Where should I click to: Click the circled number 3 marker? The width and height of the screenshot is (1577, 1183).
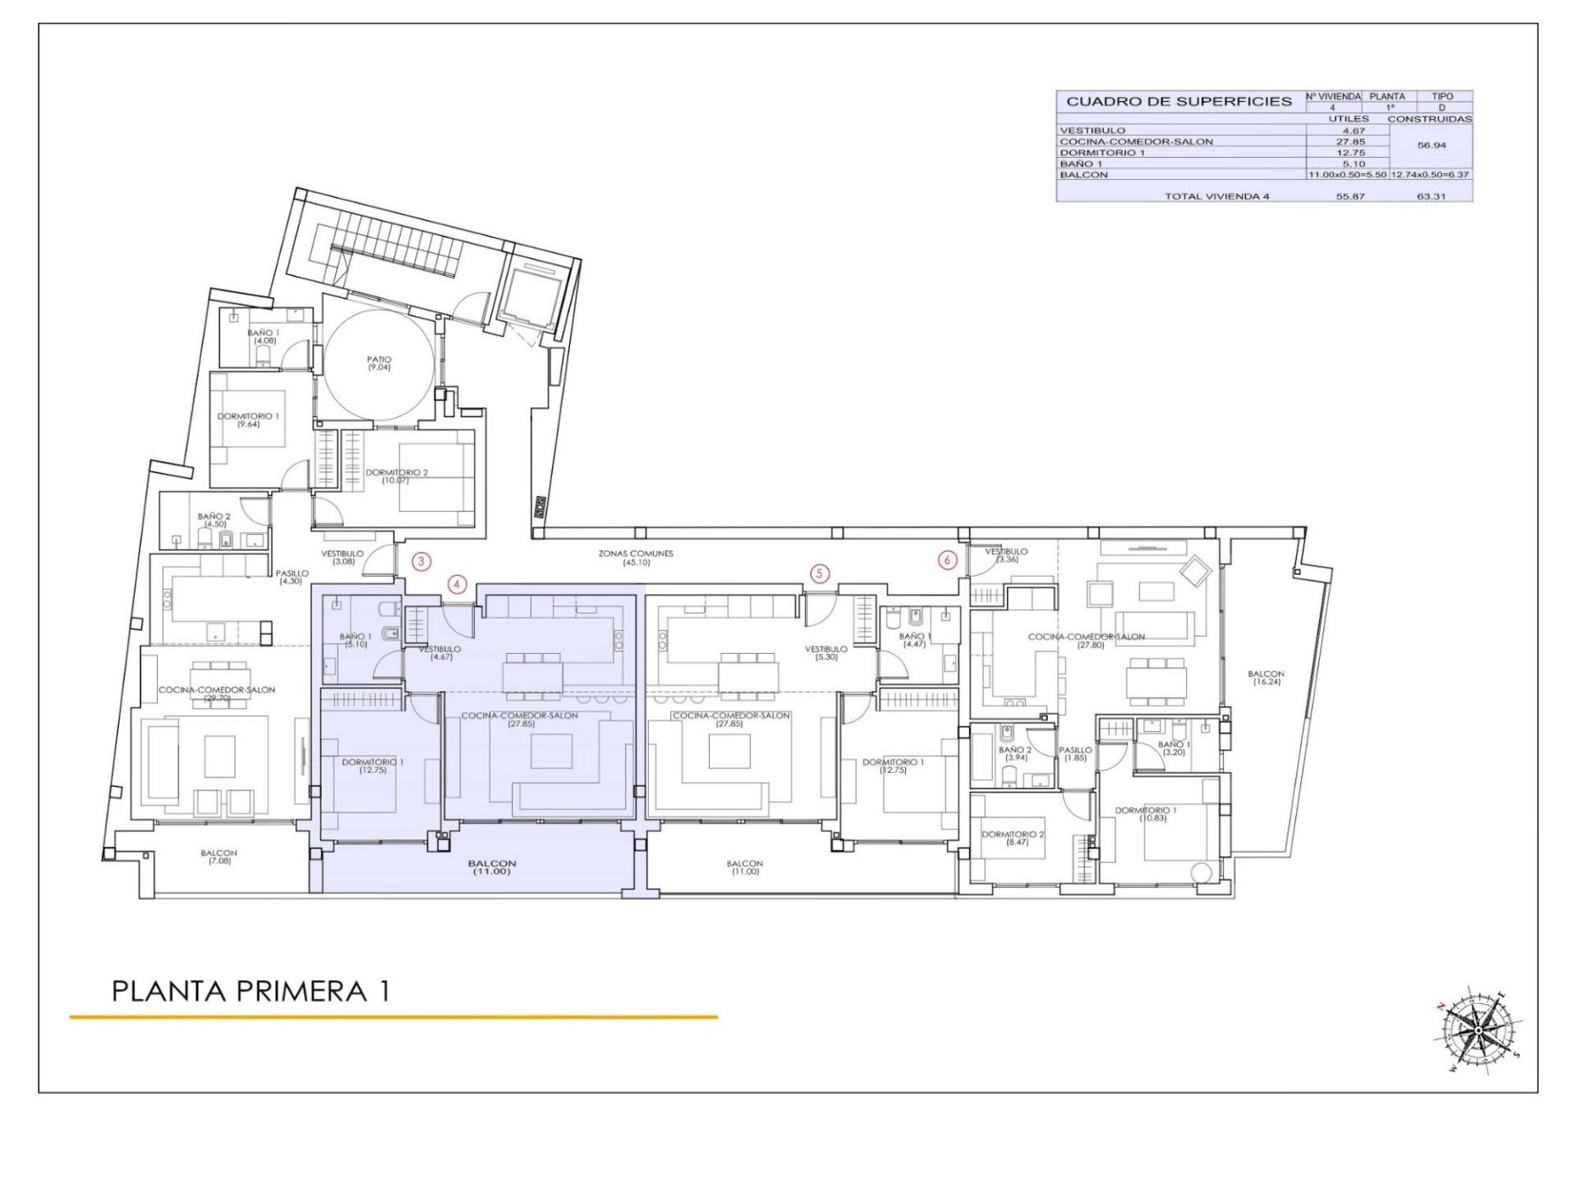point(421,562)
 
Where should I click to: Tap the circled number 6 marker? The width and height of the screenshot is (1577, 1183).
point(948,560)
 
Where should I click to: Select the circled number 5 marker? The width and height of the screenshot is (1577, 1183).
point(819,573)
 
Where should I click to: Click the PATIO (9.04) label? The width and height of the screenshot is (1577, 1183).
point(379,363)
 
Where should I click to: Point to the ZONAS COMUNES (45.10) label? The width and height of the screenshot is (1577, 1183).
point(635,558)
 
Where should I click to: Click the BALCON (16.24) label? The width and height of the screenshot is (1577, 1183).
point(1267,678)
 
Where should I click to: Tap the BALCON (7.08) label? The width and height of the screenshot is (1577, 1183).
point(218,857)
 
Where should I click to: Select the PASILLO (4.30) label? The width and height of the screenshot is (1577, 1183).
point(292,577)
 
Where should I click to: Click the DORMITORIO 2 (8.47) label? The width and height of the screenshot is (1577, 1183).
point(1013,838)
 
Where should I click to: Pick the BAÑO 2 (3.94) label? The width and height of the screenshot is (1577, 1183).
point(1014,753)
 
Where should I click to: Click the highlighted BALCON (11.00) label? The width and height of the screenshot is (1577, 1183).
point(491,867)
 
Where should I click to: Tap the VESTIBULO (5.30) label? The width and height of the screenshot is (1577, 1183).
point(825,653)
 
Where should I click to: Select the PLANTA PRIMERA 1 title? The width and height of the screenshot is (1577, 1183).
point(250,991)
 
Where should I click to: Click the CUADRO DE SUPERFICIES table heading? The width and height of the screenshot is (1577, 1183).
point(1179,102)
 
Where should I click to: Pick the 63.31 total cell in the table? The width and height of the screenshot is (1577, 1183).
point(1430,196)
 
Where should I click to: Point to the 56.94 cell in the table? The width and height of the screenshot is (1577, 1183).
point(1431,145)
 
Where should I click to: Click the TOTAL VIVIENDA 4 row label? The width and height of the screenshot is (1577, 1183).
point(1216,196)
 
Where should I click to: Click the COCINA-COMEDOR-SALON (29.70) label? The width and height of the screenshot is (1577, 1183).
point(217,693)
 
